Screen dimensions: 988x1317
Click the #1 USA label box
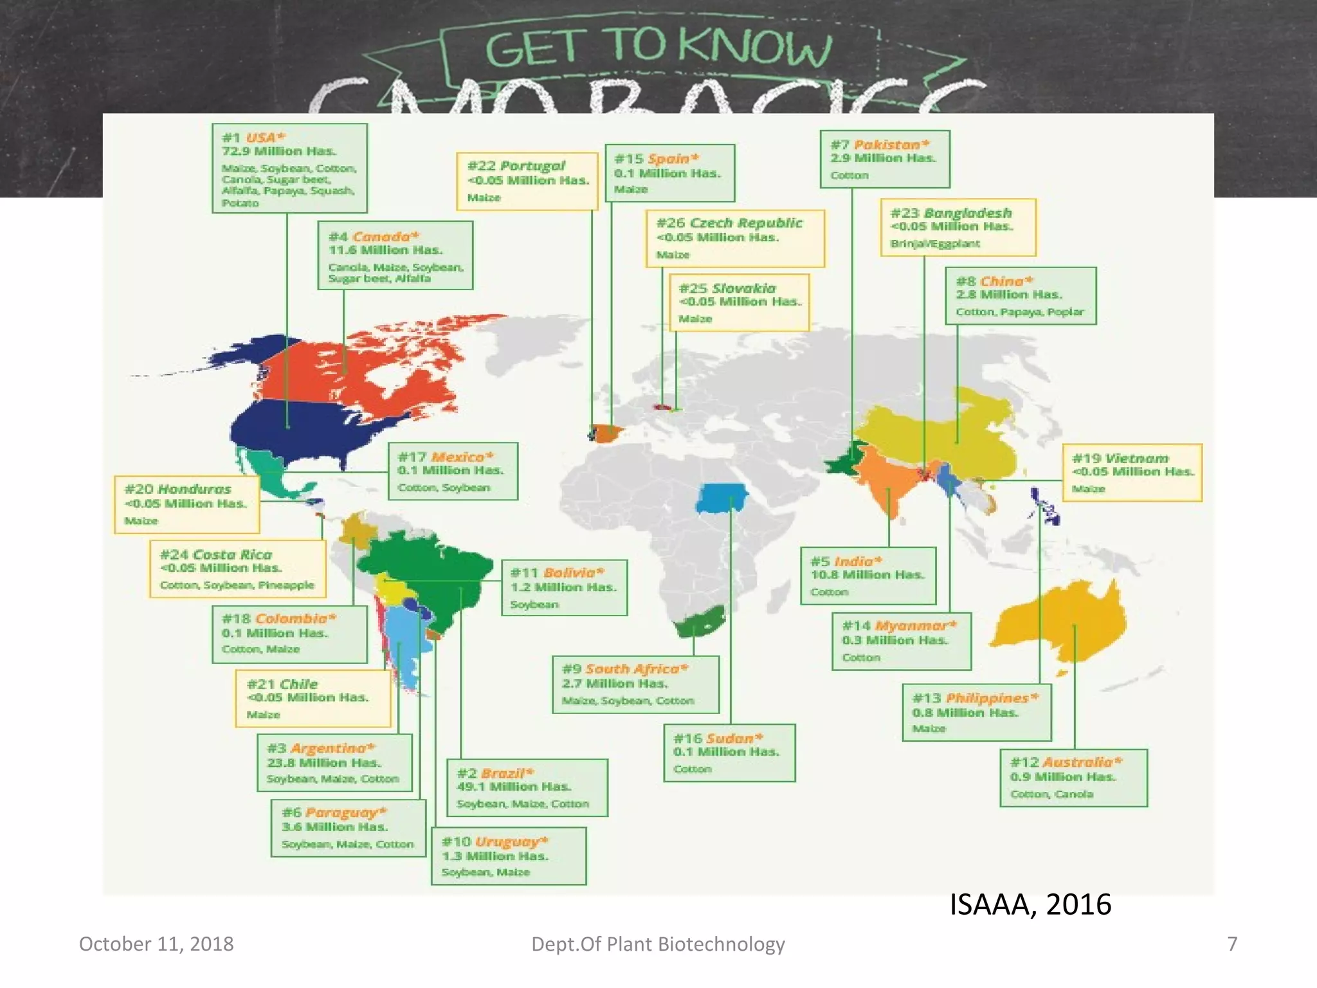coord(289,169)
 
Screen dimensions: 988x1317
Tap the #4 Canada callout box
coord(395,256)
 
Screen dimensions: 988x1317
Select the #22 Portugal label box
coord(527,181)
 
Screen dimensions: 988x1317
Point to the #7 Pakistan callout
coord(884,159)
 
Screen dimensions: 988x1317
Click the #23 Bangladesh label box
coord(958,227)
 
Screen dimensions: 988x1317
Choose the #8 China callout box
coord(1021,296)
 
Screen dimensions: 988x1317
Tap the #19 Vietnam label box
coord(1131,473)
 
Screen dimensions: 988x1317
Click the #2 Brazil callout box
coord(527,788)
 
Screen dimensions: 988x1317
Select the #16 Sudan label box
coord(729,753)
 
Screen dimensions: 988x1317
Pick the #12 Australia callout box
coord(1073,778)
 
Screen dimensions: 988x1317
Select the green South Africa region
coord(698,621)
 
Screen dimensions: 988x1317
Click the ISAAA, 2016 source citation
coord(1030,904)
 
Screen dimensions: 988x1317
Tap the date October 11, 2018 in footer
coord(156,944)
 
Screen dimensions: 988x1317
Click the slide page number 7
coord(1232,944)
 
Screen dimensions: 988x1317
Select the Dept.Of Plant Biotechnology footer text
coord(658,944)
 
